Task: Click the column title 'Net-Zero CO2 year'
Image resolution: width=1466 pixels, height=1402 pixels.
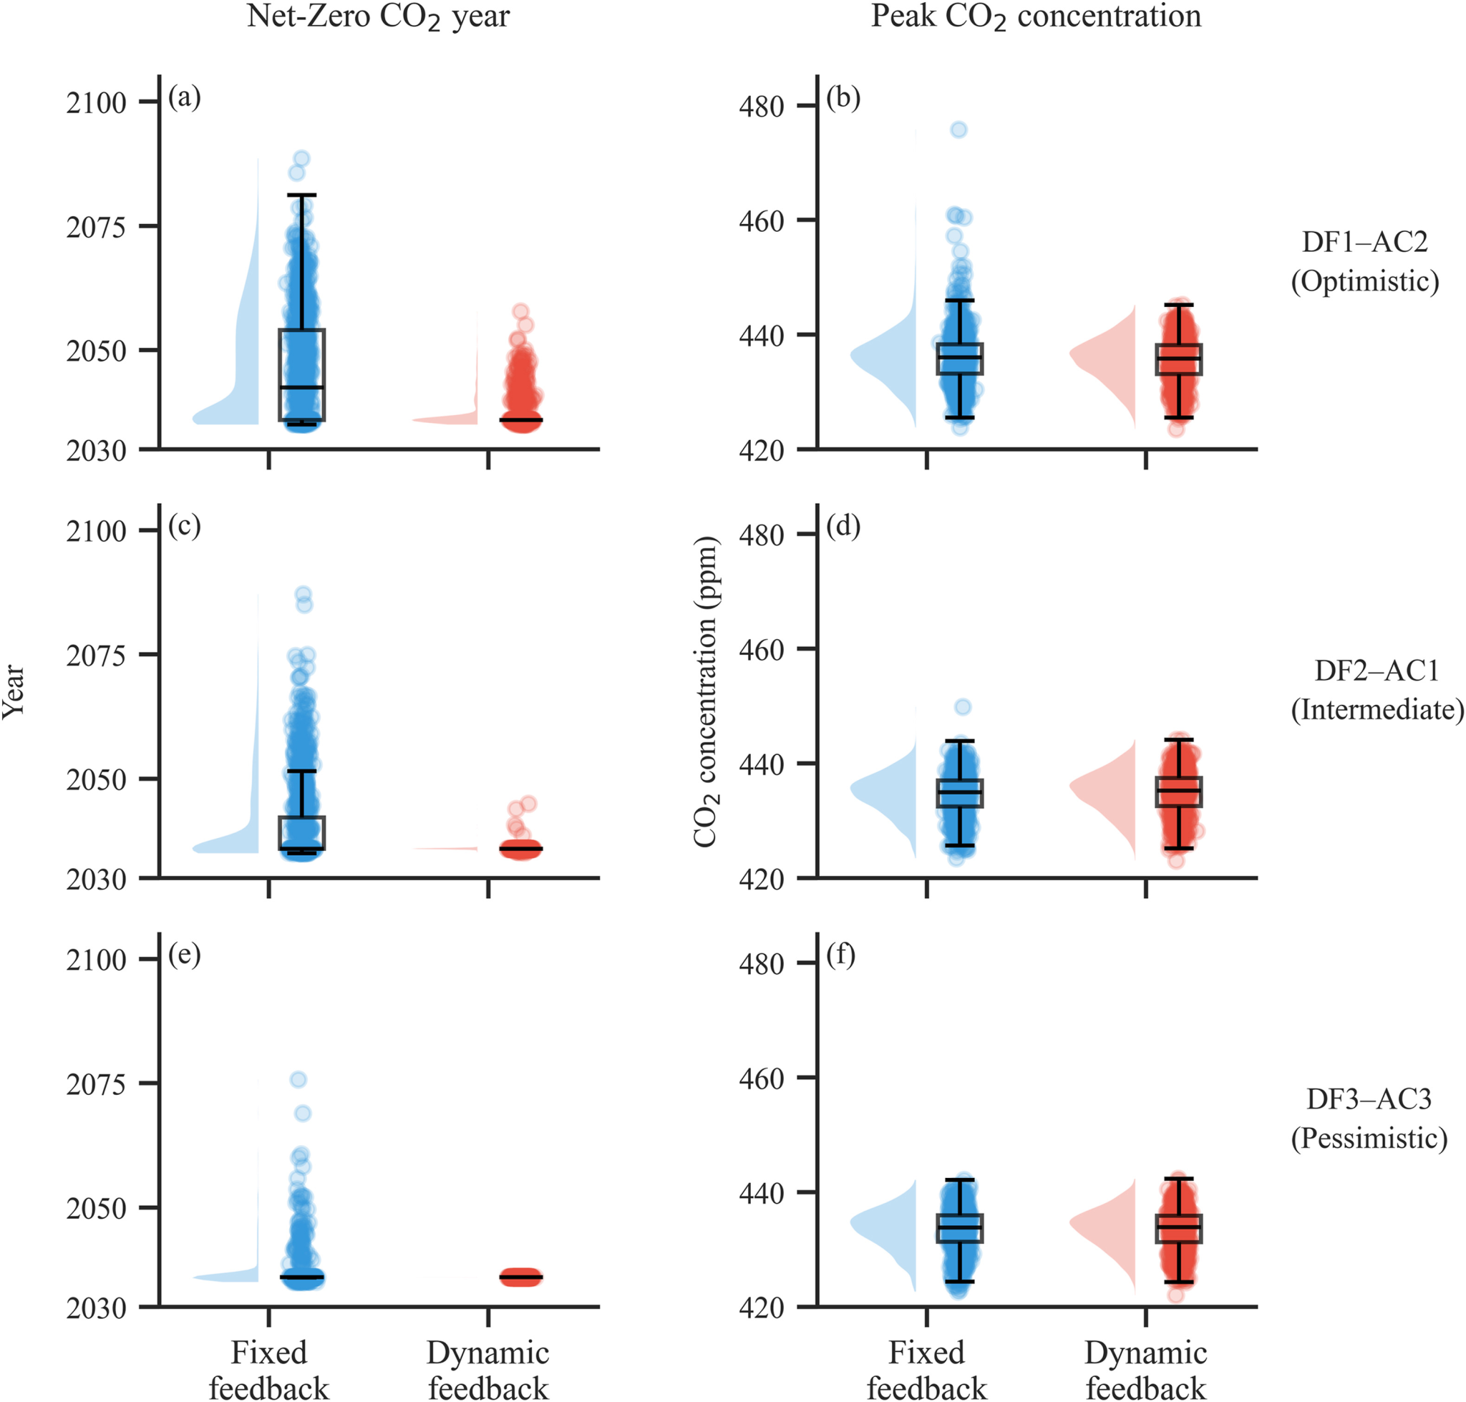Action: (x=377, y=16)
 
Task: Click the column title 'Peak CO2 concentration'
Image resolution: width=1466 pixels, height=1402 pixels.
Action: (x=1035, y=16)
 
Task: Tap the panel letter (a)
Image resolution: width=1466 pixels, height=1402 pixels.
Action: (x=184, y=97)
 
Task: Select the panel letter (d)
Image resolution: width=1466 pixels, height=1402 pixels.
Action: (x=843, y=526)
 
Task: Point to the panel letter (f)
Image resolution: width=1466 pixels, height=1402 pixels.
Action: (x=840, y=955)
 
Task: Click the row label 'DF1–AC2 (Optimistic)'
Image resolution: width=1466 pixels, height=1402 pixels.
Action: (x=1364, y=261)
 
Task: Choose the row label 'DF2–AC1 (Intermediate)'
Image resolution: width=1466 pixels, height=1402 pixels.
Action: (x=1377, y=690)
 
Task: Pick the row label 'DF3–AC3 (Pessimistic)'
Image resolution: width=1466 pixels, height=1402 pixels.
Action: (x=1369, y=1118)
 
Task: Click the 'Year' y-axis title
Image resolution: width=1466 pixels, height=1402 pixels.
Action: (x=14, y=691)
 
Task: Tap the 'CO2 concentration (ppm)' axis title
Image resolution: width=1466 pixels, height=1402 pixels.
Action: (x=705, y=691)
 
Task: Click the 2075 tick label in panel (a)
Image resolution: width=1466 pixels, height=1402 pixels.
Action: (x=96, y=227)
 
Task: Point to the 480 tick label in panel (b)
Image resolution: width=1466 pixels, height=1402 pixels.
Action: (x=761, y=107)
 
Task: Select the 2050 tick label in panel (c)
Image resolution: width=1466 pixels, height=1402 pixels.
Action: (x=96, y=779)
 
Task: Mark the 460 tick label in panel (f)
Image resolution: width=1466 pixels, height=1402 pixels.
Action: (x=761, y=1079)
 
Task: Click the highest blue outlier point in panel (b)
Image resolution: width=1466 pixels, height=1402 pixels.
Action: (x=958, y=130)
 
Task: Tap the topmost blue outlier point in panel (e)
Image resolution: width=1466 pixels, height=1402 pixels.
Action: (x=298, y=1079)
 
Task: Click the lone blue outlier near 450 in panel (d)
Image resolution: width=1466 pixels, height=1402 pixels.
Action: (x=963, y=707)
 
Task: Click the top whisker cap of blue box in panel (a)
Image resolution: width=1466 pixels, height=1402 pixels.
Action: (x=302, y=195)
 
